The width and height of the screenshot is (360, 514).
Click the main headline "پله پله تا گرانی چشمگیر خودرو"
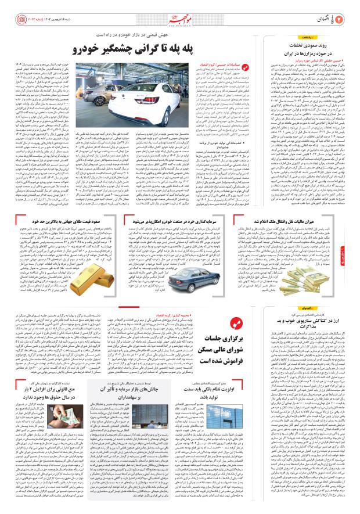[x=137, y=49]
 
